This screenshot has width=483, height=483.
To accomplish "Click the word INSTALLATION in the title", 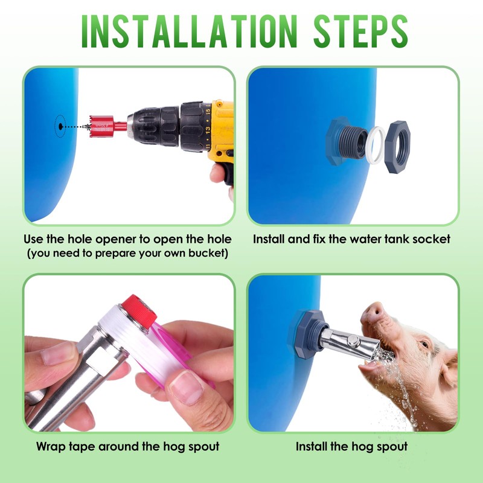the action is pos(189,31).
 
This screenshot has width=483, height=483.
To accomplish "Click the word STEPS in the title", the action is pos(360,31).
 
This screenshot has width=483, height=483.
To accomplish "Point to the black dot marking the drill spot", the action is pos(61,126).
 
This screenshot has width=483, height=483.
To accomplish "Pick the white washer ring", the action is pos(376,144).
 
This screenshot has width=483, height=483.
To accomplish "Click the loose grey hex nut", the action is pos(397,147).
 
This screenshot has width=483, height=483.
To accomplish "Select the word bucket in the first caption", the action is pos(208,254).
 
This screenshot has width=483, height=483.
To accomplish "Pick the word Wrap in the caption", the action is pos(51,447).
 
